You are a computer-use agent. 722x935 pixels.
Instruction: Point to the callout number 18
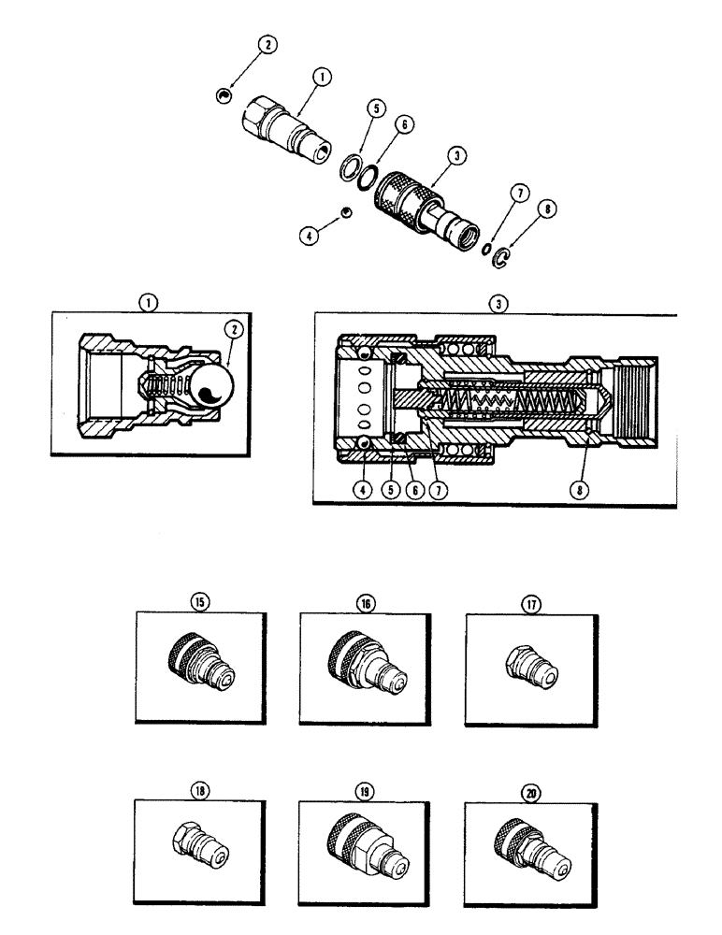point(198,789)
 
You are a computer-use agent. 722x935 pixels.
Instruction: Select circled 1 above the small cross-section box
point(150,302)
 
